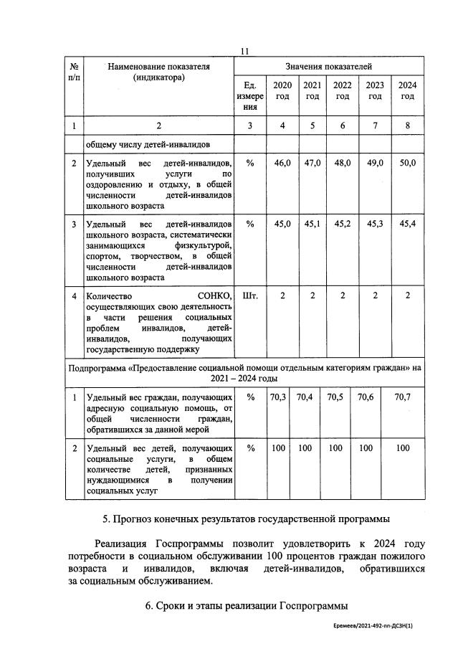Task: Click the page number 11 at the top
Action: pos(244,51)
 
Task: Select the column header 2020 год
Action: pos(282,91)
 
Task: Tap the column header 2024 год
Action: pos(407,91)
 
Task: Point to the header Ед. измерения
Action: pos(250,96)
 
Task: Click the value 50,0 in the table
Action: pos(407,164)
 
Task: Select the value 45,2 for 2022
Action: pos(343,224)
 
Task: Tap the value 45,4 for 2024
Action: pos(407,224)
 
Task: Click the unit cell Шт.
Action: pos(250,295)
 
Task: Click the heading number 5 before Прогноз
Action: pos(106,518)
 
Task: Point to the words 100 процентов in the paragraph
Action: pos(311,556)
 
